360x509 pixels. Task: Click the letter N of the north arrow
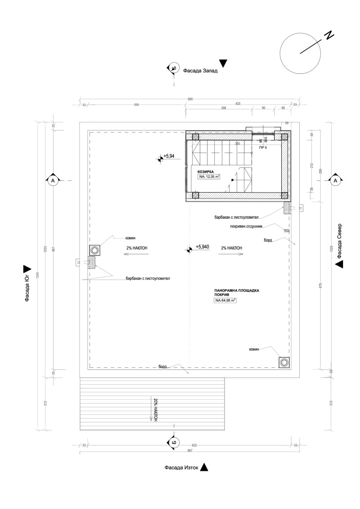[x=329, y=36]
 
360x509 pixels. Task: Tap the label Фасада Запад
[x=200, y=70]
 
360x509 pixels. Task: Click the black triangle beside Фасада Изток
[x=204, y=468]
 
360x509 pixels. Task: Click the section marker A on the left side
[x=53, y=180]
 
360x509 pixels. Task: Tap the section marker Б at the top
[x=172, y=68]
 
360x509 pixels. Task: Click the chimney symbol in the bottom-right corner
[x=284, y=362]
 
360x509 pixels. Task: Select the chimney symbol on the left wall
[x=95, y=250]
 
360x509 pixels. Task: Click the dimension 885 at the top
[x=190, y=99]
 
